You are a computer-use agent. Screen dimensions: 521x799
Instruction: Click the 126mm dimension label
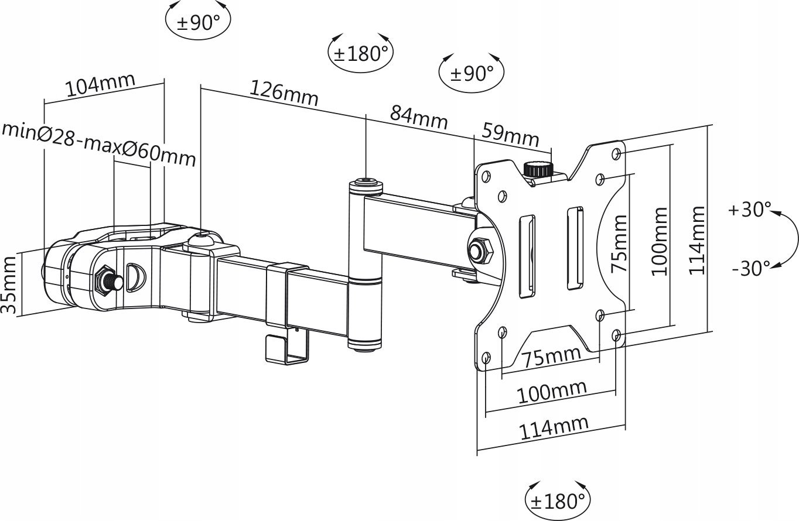(284, 94)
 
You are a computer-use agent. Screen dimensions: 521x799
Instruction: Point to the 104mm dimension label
(100, 86)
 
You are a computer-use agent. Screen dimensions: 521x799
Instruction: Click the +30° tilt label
(750, 210)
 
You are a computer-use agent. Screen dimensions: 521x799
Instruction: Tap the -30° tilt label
(750, 269)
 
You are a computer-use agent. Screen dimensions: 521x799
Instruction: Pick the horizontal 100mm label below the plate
(551, 392)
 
